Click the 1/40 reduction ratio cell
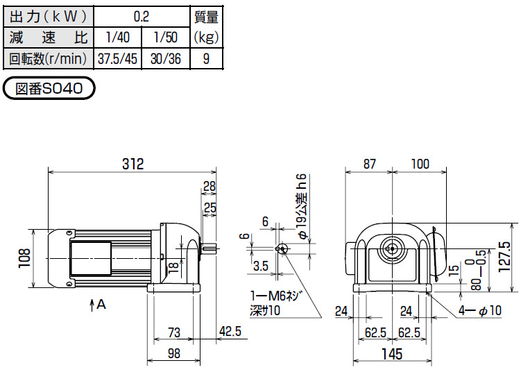[118, 37]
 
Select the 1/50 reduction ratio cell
[166, 37]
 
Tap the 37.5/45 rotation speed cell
[118, 59]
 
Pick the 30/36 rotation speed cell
[166, 59]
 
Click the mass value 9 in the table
[206, 59]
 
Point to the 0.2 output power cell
[142, 16]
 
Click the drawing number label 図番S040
[49, 88]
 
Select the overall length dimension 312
[133, 164]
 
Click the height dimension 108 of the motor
[25, 258]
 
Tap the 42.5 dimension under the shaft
[230, 332]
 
